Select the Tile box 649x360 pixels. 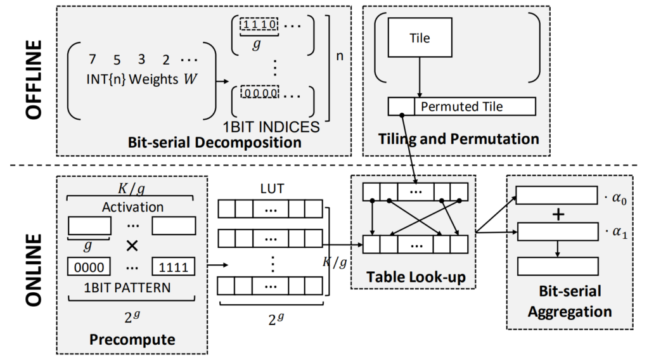(420, 38)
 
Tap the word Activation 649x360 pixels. (132, 207)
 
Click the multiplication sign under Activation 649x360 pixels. (133, 245)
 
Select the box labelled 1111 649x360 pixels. (173, 266)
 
